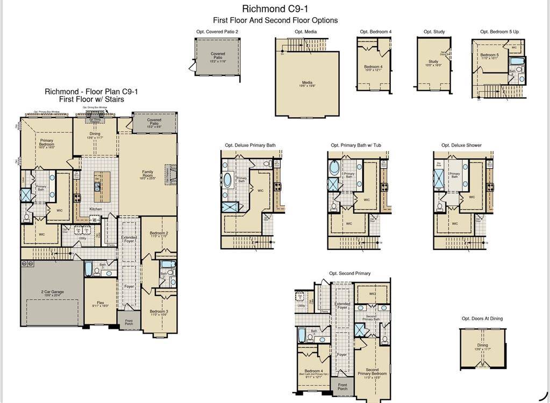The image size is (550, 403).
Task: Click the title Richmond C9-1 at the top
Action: coord(275,9)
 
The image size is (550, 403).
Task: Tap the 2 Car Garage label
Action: coord(53,293)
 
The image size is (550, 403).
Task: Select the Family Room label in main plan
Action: coord(147,174)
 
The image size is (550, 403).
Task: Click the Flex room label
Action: coord(100,304)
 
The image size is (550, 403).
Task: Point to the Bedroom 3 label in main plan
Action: coord(159,313)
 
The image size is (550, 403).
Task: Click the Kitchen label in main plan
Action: coord(96,209)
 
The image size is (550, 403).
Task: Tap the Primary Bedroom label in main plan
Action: coord(47,142)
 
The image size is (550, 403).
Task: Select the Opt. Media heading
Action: coord(305,32)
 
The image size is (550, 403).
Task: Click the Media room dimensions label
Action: coord(307,85)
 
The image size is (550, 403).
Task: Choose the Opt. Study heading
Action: coord(434,32)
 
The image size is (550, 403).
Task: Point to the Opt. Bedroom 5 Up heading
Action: coord(499,32)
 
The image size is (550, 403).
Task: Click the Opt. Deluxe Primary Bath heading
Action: coord(250,145)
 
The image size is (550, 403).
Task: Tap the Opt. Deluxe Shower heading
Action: coord(461,145)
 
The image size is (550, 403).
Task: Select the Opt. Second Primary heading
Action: coord(349,274)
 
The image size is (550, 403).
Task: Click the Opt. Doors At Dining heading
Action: coord(482,319)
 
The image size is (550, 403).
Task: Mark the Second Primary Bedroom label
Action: coord(372,372)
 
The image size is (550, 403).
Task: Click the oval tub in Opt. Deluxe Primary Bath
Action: coord(227,179)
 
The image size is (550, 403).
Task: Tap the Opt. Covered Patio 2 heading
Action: coord(217,32)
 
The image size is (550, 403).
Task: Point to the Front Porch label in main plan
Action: coord(128,322)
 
